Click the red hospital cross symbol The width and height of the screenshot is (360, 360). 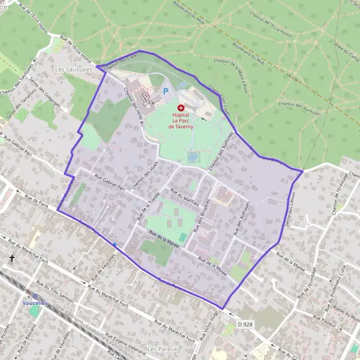(181, 107)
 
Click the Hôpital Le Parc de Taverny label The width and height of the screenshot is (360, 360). (181, 121)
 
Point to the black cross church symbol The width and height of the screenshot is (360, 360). (11, 259)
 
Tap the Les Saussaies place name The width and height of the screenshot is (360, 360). (68, 70)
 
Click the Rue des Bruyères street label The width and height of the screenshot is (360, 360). (202, 215)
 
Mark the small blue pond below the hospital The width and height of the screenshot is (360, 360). (193, 157)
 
